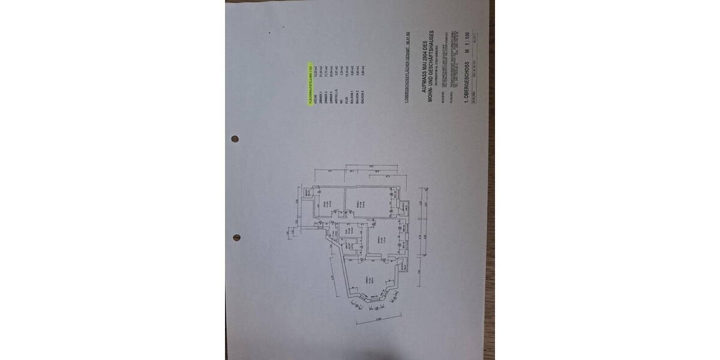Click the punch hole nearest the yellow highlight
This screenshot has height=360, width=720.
[x=235, y=139]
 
